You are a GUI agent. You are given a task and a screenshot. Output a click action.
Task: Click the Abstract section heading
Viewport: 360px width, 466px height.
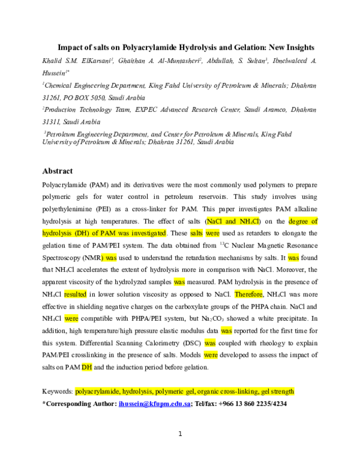point(58,171)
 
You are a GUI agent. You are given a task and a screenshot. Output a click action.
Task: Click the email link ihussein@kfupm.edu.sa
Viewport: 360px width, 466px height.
point(154,404)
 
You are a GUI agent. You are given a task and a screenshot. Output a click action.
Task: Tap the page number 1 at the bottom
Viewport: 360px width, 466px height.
point(180,434)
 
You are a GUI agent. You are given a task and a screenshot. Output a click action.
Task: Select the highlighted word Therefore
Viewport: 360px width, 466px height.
point(248,294)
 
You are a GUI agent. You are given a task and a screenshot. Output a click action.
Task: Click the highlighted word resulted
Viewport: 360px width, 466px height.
point(75,294)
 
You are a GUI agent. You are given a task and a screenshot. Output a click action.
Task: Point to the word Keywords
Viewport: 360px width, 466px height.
point(58,392)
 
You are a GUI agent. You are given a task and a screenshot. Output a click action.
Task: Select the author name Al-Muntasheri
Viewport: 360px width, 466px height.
point(179,61)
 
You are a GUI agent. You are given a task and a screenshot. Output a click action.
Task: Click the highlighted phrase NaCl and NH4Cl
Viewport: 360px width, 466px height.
point(233,222)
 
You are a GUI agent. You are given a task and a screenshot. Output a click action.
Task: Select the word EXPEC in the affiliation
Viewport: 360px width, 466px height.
point(146,110)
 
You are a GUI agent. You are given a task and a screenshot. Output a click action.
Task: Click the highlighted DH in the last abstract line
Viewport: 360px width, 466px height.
point(87,368)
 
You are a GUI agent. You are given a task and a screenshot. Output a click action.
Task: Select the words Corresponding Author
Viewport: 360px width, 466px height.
point(81,404)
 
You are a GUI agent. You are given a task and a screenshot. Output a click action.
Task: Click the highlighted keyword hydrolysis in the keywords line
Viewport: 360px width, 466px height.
point(137,392)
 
